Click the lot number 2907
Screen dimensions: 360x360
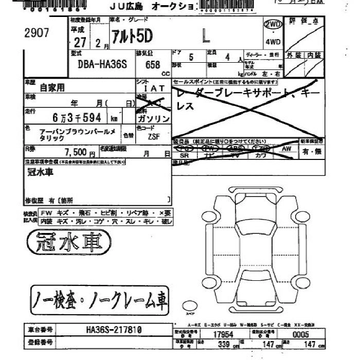pyautogui.click(x=37, y=33)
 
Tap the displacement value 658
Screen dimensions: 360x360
pyautogui.click(x=153, y=65)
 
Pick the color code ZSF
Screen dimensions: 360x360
pyautogui.click(x=153, y=137)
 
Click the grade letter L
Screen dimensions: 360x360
pyautogui.click(x=206, y=36)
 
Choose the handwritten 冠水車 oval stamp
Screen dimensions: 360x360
pyautogui.click(x=68, y=242)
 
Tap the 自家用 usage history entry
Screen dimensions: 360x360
pyautogui.click(x=52, y=88)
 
